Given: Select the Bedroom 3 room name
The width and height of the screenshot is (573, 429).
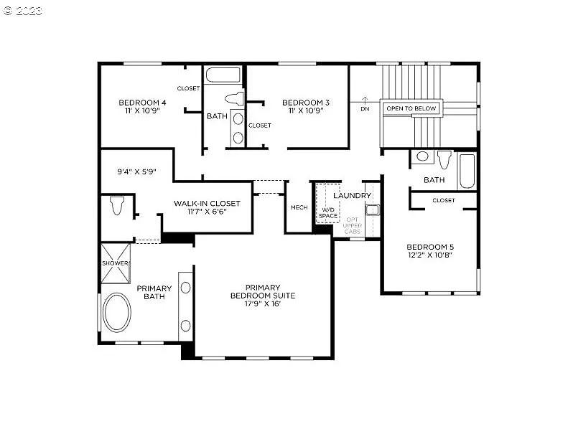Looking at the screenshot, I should (306, 107).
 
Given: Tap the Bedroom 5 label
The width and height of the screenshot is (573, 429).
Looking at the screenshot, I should (431, 251).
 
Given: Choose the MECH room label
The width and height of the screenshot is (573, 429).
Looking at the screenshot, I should (299, 208).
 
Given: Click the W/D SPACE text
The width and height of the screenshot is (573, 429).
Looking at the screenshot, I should (328, 212).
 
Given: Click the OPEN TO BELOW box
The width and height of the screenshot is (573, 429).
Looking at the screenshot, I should (411, 109).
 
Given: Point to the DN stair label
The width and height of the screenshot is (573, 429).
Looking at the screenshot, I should (365, 108).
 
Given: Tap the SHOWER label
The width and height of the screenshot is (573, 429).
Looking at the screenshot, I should (115, 263).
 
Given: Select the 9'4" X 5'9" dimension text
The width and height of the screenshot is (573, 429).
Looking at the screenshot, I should (136, 172).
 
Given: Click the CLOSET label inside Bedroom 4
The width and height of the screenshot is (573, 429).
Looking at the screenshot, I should (188, 88).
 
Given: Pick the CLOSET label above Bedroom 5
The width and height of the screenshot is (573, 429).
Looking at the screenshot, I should (443, 200).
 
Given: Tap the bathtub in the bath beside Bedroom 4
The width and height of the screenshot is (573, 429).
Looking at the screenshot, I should (223, 75).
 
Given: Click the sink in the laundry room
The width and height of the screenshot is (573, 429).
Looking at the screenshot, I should (371, 209).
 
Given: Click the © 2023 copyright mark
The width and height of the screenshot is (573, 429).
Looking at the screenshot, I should (24, 11).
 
